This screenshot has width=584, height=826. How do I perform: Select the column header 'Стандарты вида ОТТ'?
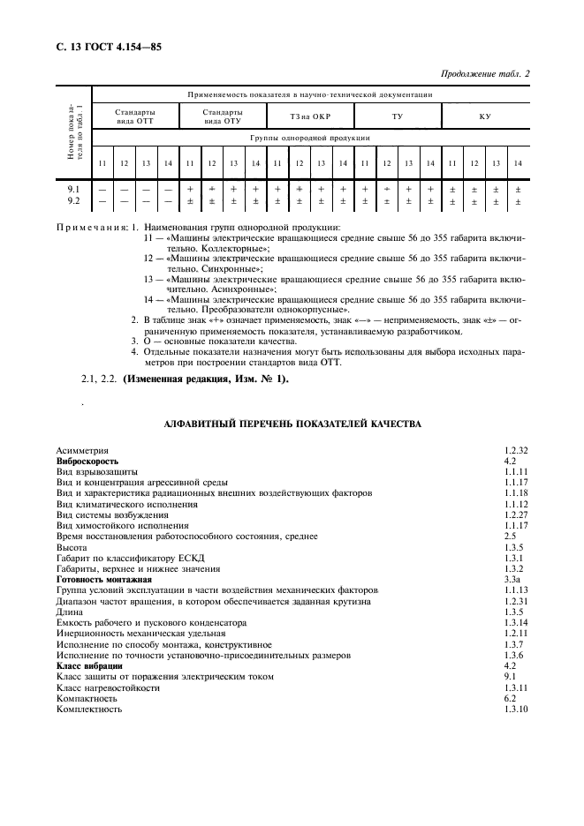[x=135, y=116]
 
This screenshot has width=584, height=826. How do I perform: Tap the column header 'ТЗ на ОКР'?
[x=308, y=116]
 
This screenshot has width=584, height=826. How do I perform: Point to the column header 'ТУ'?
[x=397, y=116]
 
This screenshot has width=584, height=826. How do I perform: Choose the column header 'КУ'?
[x=484, y=116]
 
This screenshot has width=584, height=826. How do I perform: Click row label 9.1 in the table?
[x=74, y=189]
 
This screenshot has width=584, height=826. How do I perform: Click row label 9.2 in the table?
[x=74, y=202]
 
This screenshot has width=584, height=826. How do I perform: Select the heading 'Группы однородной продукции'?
[x=308, y=139]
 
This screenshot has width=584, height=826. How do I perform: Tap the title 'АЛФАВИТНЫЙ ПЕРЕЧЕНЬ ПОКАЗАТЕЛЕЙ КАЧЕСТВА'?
[x=292, y=424]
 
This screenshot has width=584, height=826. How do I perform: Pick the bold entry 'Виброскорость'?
[x=87, y=461]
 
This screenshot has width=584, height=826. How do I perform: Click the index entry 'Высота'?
[x=72, y=547]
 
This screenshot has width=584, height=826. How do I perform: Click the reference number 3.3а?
[x=511, y=580]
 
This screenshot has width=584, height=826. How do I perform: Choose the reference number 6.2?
[x=509, y=698]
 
